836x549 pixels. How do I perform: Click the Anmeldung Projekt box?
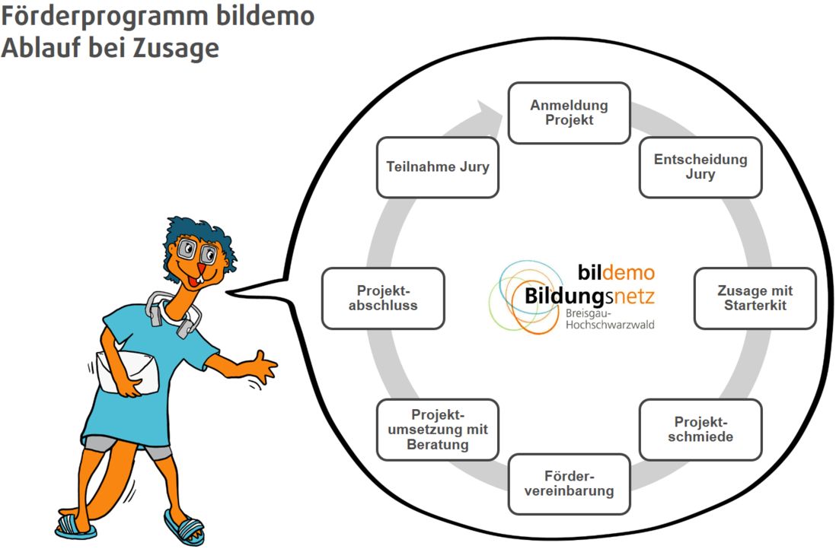tap(569, 113)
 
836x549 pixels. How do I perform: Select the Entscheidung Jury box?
tap(700, 167)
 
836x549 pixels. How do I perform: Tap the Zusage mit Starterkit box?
tap(755, 298)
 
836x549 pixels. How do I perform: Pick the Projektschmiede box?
tap(700, 429)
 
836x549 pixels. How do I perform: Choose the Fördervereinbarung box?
tap(569, 484)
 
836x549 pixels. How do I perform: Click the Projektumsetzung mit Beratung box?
tap(438, 429)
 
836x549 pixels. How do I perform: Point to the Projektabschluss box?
tap(383, 298)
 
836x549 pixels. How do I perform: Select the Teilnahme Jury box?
tap(438, 167)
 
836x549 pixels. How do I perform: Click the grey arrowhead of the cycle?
tap(490, 114)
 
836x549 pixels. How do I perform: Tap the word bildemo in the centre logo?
tap(615, 272)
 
